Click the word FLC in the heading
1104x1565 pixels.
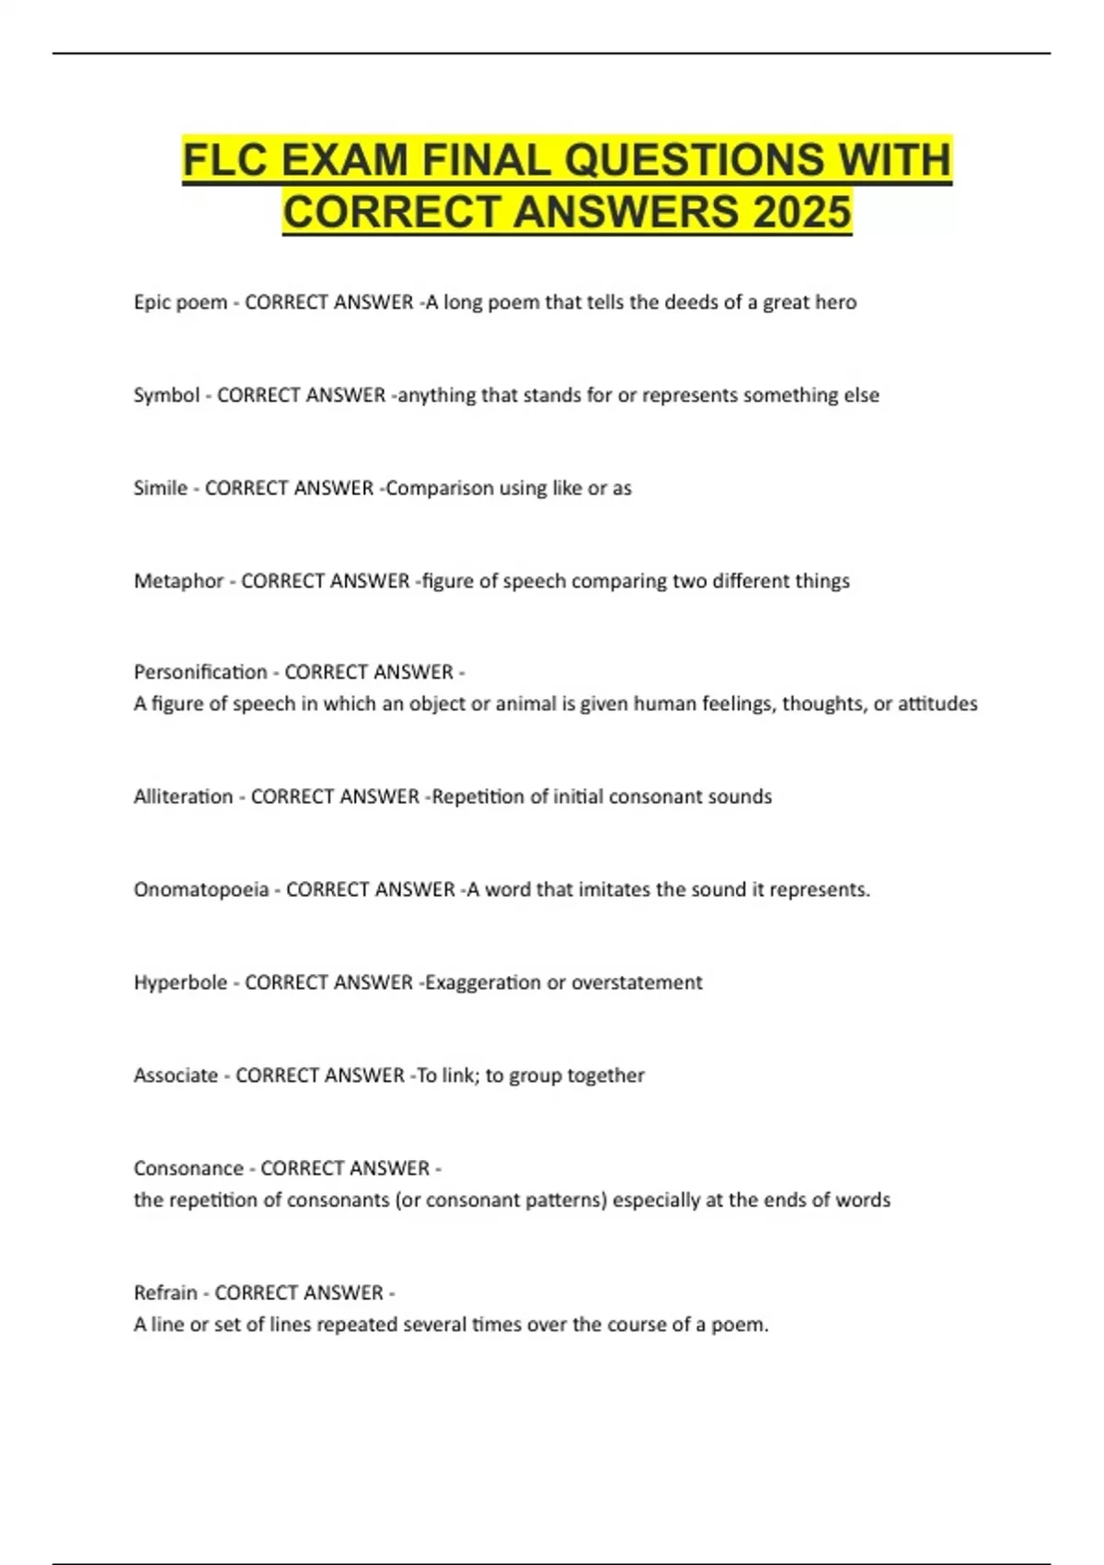coord(225,159)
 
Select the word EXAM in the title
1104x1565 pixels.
coord(345,159)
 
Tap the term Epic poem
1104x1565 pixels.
coord(180,302)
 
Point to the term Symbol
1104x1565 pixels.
coord(167,395)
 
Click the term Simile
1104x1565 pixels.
coord(160,488)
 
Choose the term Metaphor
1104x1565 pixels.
coord(178,581)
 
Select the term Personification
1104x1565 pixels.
coord(200,672)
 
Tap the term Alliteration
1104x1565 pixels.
coord(183,796)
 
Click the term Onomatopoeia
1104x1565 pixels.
coord(201,889)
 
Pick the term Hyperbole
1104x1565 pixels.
coord(180,982)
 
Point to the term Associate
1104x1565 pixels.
coord(176,1075)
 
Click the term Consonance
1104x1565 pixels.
coord(189,1168)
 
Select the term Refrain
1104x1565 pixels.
coord(166,1293)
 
